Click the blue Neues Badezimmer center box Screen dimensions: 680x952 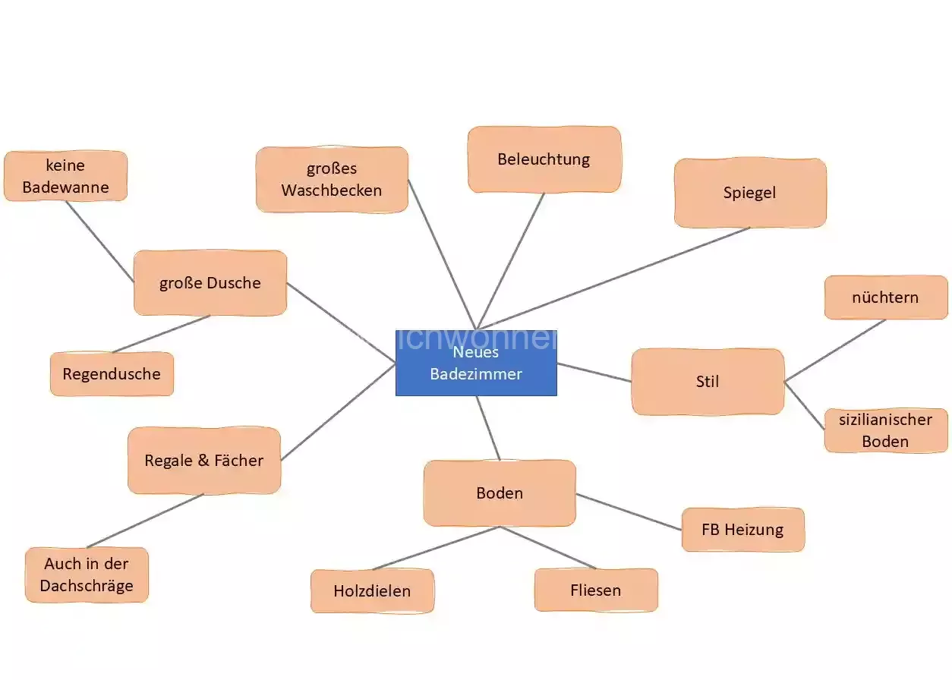click(476, 363)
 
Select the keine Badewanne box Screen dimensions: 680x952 click(65, 176)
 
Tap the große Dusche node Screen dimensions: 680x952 click(210, 283)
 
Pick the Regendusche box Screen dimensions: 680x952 click(112, 373)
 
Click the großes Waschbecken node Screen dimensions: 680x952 click(332, 179)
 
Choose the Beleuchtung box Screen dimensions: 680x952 click(544, 159)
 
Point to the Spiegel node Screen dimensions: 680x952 click(749, 193)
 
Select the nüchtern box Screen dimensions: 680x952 click(885, 297)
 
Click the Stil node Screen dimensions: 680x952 click(707, 382)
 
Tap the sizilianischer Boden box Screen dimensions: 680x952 click(885, 430)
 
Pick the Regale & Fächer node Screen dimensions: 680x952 click(204, 461)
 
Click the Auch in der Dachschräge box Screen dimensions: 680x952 click(87, 575)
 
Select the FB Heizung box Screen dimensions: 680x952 click(742, 530)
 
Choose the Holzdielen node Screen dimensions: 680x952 click(372, 590)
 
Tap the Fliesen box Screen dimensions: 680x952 click(596, 590)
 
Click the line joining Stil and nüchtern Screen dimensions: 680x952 click(835, 350)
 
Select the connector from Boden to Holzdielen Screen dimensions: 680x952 click(436, 548)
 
